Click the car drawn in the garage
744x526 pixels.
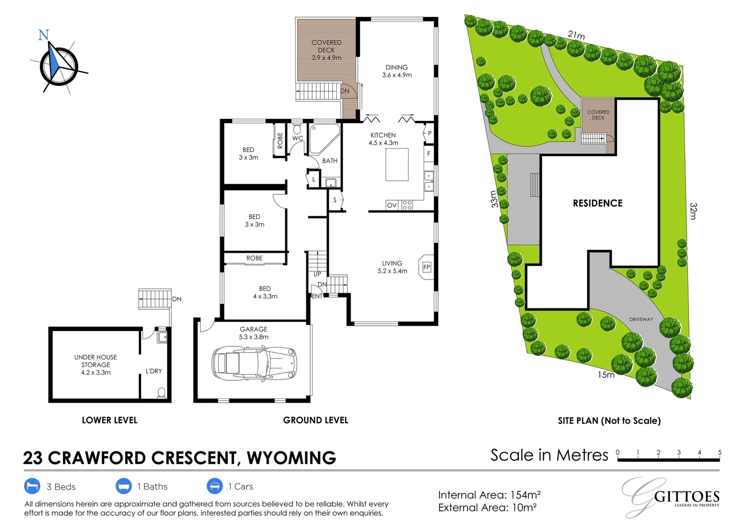coord(254,363)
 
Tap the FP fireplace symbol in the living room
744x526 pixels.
coord(427,267)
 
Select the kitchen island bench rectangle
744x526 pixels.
coord(397,165)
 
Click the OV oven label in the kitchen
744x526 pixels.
coord(391,206)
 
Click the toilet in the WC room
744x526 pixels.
coord(297,130)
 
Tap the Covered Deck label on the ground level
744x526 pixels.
coord(326,50)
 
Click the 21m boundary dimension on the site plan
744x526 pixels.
coord(576,35)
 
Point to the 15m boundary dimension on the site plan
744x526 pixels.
coord(606,375)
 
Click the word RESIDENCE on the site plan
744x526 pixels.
coord(597,203)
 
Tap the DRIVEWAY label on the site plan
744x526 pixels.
coord(641,319)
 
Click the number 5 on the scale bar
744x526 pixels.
coord(719,452)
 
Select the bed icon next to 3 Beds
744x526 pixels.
coord(32,486)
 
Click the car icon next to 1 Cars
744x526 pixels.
coord(215,486)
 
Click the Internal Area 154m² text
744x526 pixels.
coord(489,495)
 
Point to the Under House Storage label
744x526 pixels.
coord(95,364)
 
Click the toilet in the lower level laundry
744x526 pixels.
coord(162,392)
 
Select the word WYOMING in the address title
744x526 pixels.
coord(291,458)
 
